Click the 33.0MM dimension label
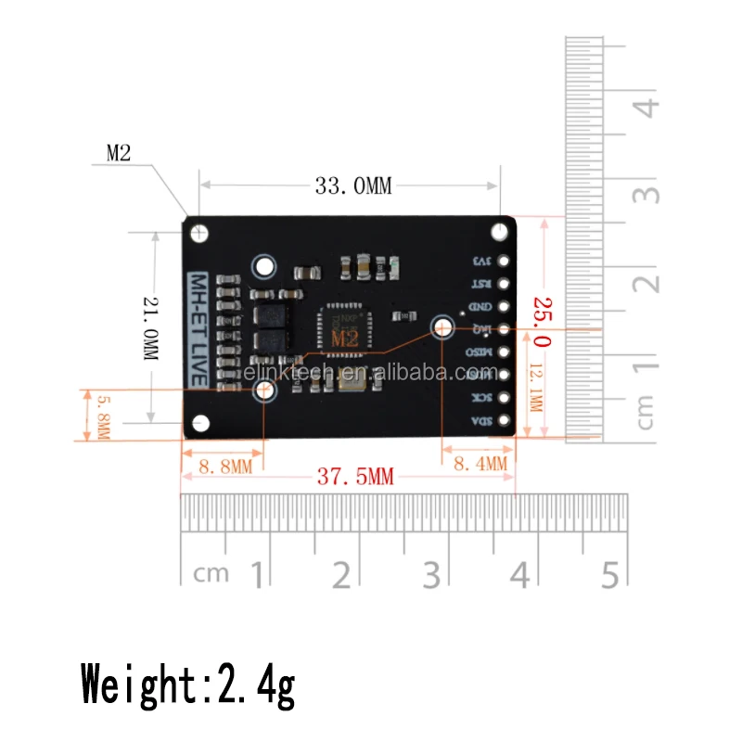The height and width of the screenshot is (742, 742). [x=353, y=185]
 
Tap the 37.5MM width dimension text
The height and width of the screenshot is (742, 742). [x=355, y=478]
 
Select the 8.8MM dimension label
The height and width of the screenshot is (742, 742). [x=224, y=466]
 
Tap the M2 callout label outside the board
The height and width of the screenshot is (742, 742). [x=120, y=154]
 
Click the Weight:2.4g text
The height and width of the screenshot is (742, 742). [x=188, y=685]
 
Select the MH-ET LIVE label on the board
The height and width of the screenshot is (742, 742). [x=198, y=329]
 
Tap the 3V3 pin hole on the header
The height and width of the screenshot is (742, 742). [x=505, y=262]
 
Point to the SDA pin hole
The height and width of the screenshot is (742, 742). [x=505, y=421]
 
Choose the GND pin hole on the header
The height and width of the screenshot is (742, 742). [x=505, y=307]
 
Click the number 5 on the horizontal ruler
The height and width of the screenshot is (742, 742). [x=608, y=575]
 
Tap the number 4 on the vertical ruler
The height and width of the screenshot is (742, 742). [x=648, y=106]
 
